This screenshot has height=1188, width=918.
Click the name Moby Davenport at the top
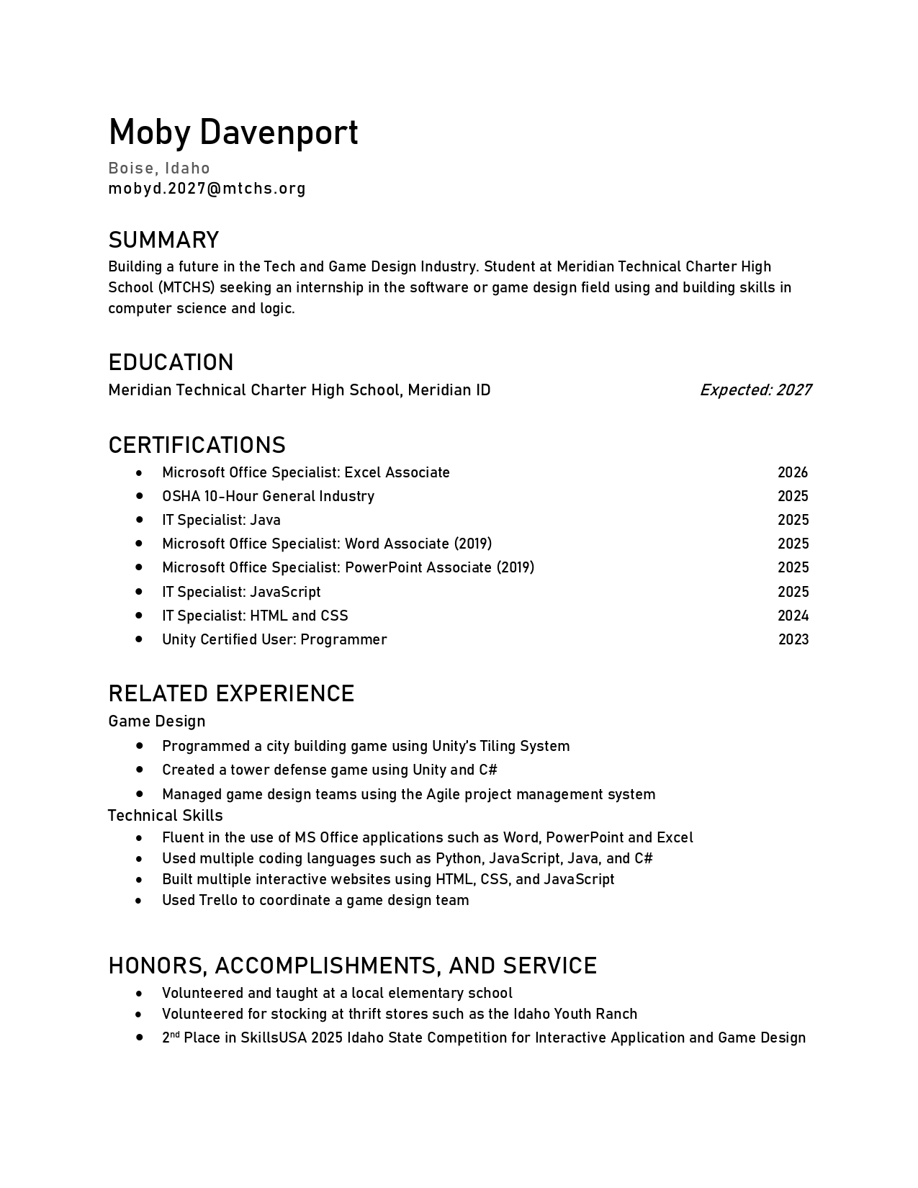[x=233, y=132]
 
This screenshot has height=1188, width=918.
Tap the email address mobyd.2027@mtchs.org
[x=207, y=189]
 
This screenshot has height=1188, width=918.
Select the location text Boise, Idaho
[x=159, y=168]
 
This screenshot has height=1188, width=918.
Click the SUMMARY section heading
[x=163, y=240]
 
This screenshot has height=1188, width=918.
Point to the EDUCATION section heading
[x=171, y=362]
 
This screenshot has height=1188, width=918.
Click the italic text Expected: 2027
[x=755, y=390]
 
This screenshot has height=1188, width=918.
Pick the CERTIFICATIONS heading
[x=197, y=445]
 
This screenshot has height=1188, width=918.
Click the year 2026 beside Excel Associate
[x=793, y=472]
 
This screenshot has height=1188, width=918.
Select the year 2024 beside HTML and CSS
[x=793, y=616]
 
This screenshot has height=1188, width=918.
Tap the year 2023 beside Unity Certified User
[x=793, y=639]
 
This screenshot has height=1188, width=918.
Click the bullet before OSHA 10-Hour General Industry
[x=139, y=496]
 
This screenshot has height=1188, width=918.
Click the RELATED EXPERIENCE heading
[x=231, y=693]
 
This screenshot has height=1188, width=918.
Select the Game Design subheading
[x=157, y=721]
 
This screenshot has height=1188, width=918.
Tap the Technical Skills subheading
[x=166, y=816]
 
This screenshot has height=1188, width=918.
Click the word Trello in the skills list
[x=218, y=900]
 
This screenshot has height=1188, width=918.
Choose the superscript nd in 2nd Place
[x=175, y=1034]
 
